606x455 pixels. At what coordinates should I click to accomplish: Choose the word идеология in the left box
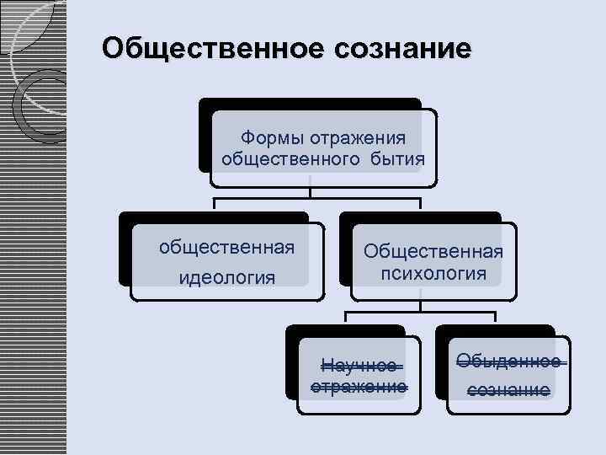(226, 277)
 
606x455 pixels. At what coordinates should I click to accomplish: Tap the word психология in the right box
(433, 273)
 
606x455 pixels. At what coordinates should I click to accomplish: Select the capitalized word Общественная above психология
(433, 251)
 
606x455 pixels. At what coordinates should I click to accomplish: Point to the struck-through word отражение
(359, 387)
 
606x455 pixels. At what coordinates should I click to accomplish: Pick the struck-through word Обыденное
(508, 361)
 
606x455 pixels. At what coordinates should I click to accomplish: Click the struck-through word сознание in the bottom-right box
(508, 389)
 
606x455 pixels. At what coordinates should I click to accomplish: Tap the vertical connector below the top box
(311, 190)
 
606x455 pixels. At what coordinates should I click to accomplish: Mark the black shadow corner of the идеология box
(125, 253)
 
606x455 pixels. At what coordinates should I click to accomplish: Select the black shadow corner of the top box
(205, 135)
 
